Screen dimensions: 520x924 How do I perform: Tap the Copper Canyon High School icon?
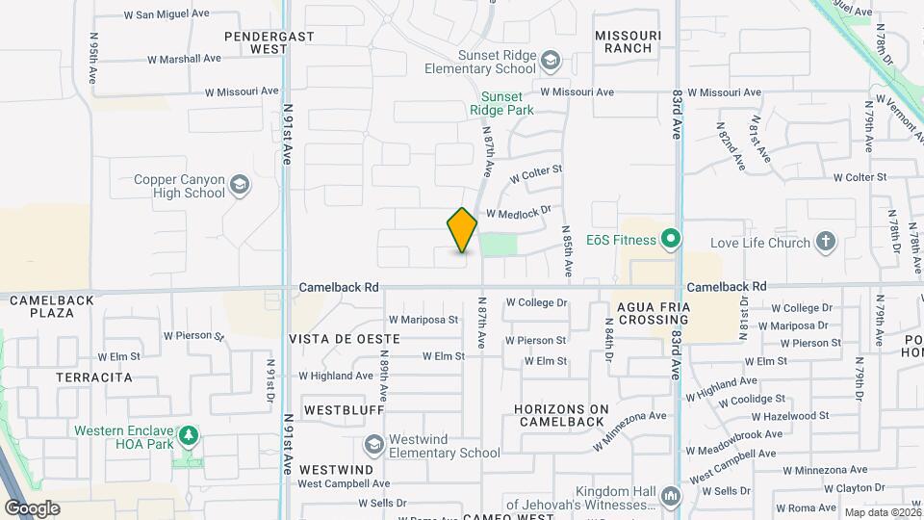(x=239, y=185)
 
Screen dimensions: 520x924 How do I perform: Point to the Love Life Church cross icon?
(x=825, y=242)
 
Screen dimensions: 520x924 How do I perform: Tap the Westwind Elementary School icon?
(x=373, y=445)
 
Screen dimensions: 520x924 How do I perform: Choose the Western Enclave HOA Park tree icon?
(x=191, y=436)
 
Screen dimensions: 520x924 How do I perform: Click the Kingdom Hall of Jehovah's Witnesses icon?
(x=671, y=497)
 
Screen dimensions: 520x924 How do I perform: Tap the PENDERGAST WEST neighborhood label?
(x=257, y=41)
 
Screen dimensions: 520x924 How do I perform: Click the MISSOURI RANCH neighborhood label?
(x=628, y=41)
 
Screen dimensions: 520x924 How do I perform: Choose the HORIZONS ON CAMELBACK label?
(x=562, y=416)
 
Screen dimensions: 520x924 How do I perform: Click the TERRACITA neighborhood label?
(x=94, y=377)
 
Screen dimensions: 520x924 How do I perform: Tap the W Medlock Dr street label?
(x=519, y=212)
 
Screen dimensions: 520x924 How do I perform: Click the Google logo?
(x=32, y=507)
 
